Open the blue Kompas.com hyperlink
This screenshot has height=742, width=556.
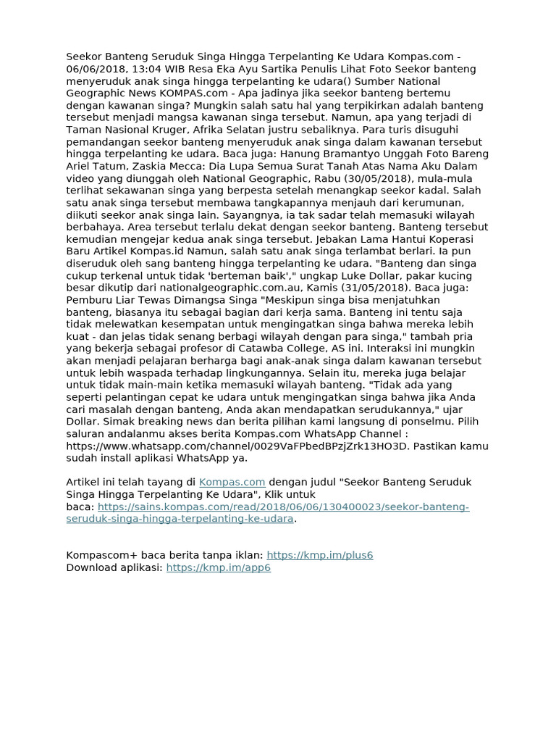pos(232,482)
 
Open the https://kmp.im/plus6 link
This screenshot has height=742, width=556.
pos(320,555)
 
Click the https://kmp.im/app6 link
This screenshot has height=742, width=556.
pos(219,567)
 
